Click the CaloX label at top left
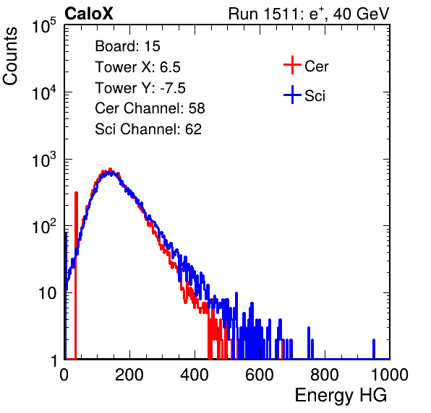coord(88,14)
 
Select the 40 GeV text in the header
coord(361,14)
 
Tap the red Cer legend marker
coord(292,65)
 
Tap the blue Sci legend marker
coord(292,95)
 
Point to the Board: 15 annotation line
coord(127,45)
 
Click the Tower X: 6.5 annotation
coord(137,66)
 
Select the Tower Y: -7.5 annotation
coord(140,88)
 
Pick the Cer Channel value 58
coord(197,108)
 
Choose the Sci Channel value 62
coord(193,129)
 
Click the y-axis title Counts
coord(10,56)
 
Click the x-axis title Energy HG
coord(341,395)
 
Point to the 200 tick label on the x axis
coord(129,375)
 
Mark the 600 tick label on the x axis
coord(260,375)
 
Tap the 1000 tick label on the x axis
coord(389,375)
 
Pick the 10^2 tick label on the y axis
coord(44,226)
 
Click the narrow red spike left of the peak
coord(76,275)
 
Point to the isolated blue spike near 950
coord(374,349)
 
